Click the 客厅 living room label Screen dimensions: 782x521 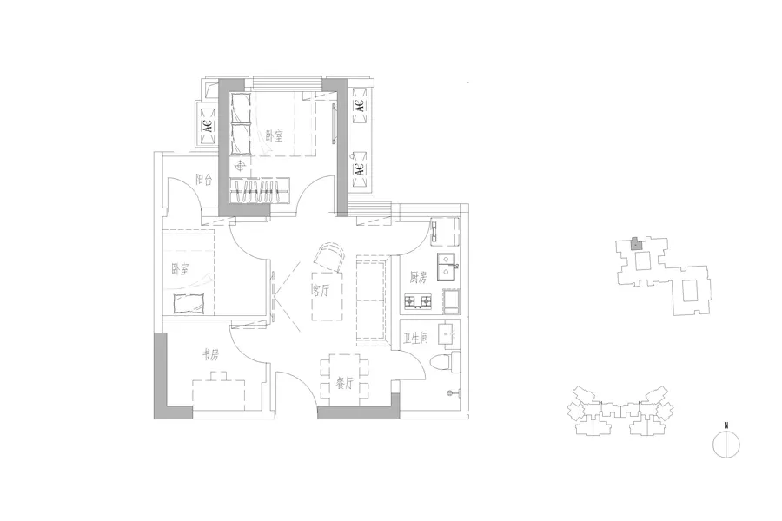point(320,290)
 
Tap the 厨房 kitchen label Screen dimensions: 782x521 point(419,277)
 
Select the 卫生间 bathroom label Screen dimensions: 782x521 point(415,339)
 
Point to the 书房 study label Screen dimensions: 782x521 point(210,354)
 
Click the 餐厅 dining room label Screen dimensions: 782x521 point(345,383)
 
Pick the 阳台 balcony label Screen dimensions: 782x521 point(204,180)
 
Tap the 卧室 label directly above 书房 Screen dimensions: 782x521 point(180,270)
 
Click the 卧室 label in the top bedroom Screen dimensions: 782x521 point(275,135)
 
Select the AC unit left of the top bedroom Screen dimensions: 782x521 point(208,124)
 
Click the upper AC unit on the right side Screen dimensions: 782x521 point(359,106)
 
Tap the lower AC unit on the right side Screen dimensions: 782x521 point(360,169)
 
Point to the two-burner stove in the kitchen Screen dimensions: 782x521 point(418,301)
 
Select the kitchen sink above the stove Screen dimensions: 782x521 point(447,267)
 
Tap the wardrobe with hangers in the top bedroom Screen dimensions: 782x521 point(259,190)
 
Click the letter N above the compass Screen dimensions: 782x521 point(726,425)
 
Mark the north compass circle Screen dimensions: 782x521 point(726,445)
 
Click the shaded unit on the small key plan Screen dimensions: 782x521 point(635,244)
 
